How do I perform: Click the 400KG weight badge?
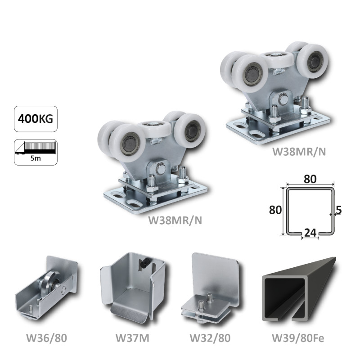pos(36,120)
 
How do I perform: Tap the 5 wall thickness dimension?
pos(338,209)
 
